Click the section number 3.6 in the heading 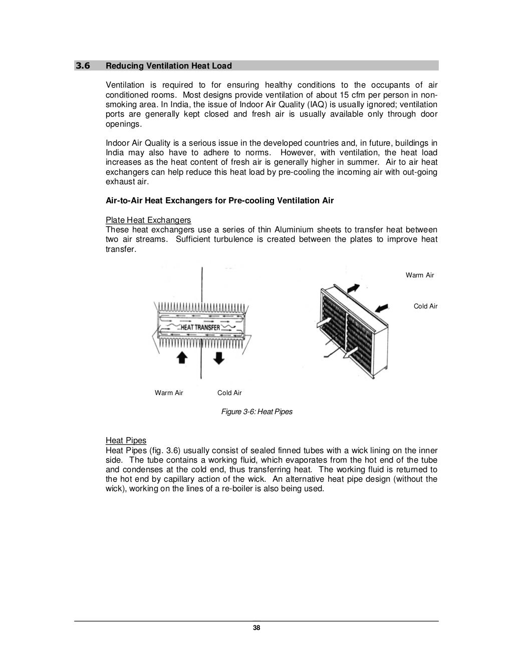pos(82,66)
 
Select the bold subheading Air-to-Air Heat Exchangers pos(219,201)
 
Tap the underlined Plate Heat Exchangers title pos(148,220)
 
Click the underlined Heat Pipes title pos(126,441)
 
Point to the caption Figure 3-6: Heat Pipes pos(256,412)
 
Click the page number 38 pos(256,628)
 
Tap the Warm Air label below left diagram pos(169,393)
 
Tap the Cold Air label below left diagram pos(229,393)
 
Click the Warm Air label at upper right pos(420,275)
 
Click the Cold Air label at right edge pos(425,306)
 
